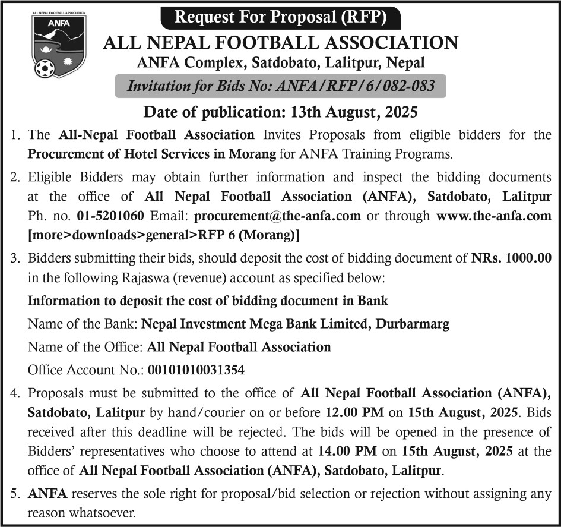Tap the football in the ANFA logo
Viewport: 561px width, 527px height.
[45, 68]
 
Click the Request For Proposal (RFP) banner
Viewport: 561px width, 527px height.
[280, 16]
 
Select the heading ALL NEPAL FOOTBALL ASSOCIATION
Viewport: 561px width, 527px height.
[280, 43]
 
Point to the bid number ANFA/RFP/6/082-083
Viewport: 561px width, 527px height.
[353, 86]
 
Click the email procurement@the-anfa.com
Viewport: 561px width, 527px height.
[277, 216]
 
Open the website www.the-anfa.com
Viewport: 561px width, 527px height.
[493, 216]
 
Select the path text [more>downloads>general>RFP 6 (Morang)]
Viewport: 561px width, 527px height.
[163, 235]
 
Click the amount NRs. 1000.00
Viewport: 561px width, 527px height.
[512, 258]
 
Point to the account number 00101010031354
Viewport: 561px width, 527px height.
[195, 370]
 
